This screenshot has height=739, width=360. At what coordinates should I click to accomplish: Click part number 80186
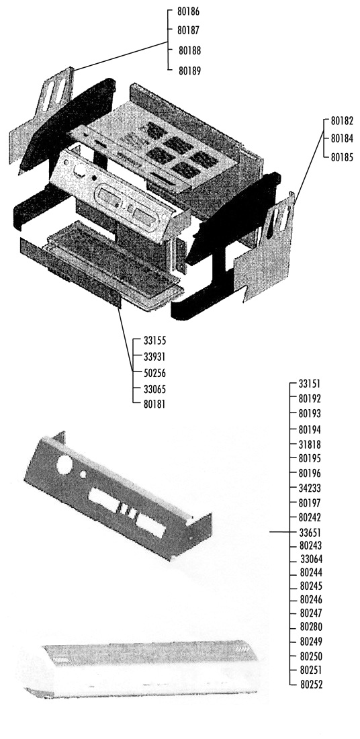click(188, 12)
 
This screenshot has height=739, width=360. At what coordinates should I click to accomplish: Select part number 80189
click(189, 71)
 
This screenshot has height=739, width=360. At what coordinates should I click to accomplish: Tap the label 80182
click(342, 121)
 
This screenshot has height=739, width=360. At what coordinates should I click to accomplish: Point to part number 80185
click(342, 157)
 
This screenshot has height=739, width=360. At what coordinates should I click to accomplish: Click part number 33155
click(154, 341)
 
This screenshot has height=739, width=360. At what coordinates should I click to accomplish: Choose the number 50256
click(154, 373)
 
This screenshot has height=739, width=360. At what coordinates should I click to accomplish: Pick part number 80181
click(154, 404)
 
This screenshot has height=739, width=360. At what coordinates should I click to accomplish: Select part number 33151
click(310, 384)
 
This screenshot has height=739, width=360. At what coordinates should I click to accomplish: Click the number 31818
click(310, 444)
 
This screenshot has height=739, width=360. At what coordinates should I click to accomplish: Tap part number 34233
click(310, 488)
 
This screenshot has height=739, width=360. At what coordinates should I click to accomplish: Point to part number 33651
click(310, 532)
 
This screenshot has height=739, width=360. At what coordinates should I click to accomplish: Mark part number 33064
click(312, 560)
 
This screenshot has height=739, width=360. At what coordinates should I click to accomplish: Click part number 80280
click(312, 627)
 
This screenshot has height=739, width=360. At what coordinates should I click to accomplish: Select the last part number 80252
click(312, 685)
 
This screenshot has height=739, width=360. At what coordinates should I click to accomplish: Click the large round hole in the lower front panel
click(64, 465)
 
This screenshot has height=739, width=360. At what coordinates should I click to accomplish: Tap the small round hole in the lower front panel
click(83, 474)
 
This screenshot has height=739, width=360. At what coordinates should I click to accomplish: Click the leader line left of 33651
click(279, 531)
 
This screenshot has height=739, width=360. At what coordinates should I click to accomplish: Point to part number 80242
click(310, 517)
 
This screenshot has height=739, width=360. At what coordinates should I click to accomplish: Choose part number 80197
click(310, 503)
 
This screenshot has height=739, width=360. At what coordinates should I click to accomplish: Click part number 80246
click(312, 600)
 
